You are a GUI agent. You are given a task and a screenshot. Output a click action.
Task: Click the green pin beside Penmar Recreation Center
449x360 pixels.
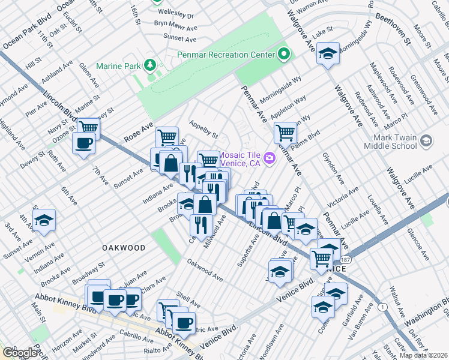[x=285, y=55]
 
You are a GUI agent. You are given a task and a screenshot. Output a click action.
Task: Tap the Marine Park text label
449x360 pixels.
[x=118, y=65]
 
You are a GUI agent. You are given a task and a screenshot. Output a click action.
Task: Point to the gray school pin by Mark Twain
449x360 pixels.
[x=426, y=141]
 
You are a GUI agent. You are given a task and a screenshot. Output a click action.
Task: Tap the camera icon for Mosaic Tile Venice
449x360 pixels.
[x=270, y=158]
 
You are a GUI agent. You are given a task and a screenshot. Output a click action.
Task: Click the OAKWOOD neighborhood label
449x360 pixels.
[x=124, y=247]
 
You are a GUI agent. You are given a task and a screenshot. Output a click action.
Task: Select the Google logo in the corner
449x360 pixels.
[x=20, y=353]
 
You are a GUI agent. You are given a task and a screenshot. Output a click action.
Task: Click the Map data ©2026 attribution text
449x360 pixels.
[x=423, y=355]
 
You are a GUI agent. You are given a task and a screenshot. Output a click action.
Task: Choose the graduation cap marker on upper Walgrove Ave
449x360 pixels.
[x=328, y=55]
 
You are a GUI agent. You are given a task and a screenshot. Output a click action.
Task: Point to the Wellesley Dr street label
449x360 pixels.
[x=174, y=16]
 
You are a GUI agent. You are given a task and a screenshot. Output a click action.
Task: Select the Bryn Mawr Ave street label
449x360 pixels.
[x=175, y=27]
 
